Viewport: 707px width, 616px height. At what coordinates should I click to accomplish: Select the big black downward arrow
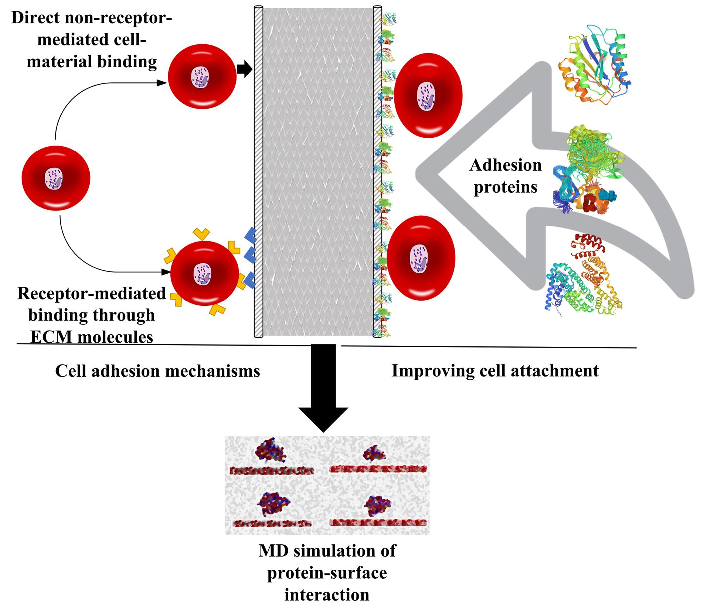[x=323, y=388]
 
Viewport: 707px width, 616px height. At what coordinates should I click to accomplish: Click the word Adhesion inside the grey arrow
[x=505, y=165]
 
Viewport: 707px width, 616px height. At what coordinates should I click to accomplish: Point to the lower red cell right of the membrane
[x=421, y=258]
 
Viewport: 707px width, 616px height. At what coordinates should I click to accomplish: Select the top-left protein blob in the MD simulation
[x=271, y=451]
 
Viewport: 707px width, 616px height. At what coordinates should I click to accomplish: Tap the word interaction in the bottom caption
[x=327, y=595]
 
